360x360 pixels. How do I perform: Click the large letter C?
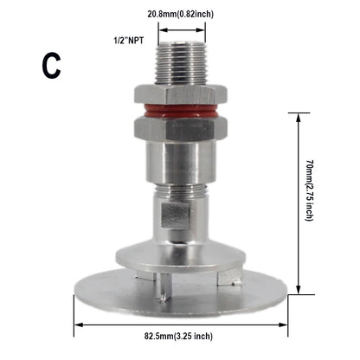pyautogui.click(x=51, y=67)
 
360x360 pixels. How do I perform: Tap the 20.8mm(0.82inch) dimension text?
pyautogui.click(x=181, y=13)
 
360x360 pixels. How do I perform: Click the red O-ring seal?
pyautogui.click(x=180, y=111)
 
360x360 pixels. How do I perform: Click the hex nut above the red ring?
pyautogui.click(x=180, y=94)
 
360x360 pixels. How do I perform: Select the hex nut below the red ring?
pyautogui.click(x=180, y=130)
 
